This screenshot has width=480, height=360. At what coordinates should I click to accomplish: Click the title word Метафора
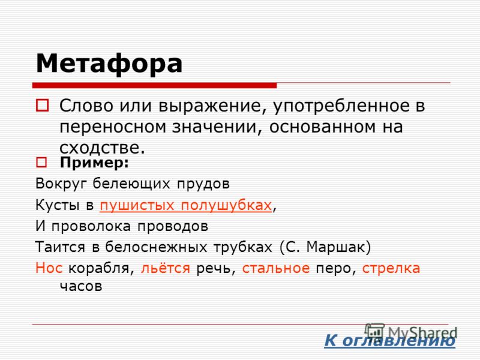tap(109, 64)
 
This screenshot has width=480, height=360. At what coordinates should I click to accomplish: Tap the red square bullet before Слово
tap(42, 105)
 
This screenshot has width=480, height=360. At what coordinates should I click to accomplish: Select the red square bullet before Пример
tap(41, 162)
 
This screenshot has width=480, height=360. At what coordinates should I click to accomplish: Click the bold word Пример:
tap(94, 163)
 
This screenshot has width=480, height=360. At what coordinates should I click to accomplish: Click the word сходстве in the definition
tap(102, 148)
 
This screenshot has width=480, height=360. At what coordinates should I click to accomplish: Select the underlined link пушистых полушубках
tap(186, 205)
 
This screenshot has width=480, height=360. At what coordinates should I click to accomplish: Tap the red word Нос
tap(49, 268)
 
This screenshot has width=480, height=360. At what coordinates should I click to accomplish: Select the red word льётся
tap(166, 268)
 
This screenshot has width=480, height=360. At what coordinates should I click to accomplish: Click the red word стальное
tap(276, 268)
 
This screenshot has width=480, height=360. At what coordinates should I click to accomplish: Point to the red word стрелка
tap(391, 268)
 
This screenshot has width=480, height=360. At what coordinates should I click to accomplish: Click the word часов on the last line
tap(81, 287)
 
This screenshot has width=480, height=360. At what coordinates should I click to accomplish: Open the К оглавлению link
tap(389, 340)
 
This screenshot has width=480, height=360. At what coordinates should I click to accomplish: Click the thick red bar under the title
tap(155, 85)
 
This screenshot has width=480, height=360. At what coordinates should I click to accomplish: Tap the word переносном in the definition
tap(112, 127)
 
